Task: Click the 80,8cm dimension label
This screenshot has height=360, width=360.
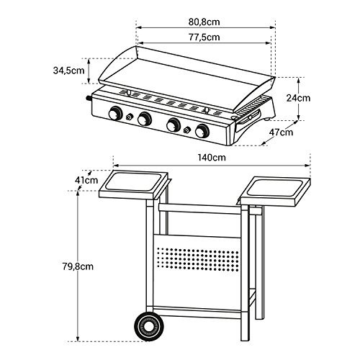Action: [204, 22]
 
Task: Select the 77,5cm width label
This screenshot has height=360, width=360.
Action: [204, 37]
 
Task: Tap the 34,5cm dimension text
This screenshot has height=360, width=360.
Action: [69, 71]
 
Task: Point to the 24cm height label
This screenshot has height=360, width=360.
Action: [298, 98]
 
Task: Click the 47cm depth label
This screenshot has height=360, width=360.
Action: [281, 132]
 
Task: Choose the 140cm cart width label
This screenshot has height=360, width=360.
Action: [212, 158]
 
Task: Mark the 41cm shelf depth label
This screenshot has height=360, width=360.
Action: [86, 180]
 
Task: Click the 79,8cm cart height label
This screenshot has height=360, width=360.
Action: [78, 266]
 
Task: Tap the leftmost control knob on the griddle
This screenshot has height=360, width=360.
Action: [115, 113]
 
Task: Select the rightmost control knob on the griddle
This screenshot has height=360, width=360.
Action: [202, 131]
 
